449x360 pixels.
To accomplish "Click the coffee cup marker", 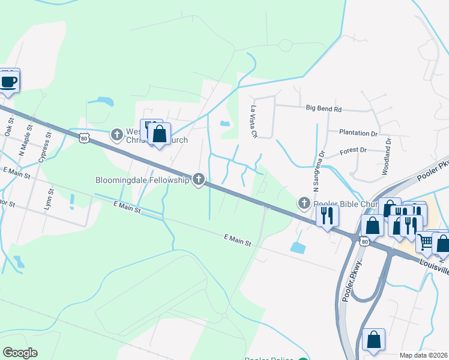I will tap(9, 81).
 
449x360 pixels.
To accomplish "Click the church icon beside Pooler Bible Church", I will tap(304, 203).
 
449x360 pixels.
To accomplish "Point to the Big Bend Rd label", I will tap(323, 109).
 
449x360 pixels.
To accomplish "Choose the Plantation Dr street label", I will tap(358, 133).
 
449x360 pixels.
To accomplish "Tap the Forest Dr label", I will tap(353, 150).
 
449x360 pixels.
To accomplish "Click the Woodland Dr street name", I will tap(388, 157).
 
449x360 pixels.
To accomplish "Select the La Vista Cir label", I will tap(254, 122).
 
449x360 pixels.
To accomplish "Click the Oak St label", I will tap(8, 127).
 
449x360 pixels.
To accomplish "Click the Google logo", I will tap(20, 353).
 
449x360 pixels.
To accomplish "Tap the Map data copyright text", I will tap(424, 355).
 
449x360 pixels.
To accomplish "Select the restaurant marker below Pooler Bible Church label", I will tap(327, 215).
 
